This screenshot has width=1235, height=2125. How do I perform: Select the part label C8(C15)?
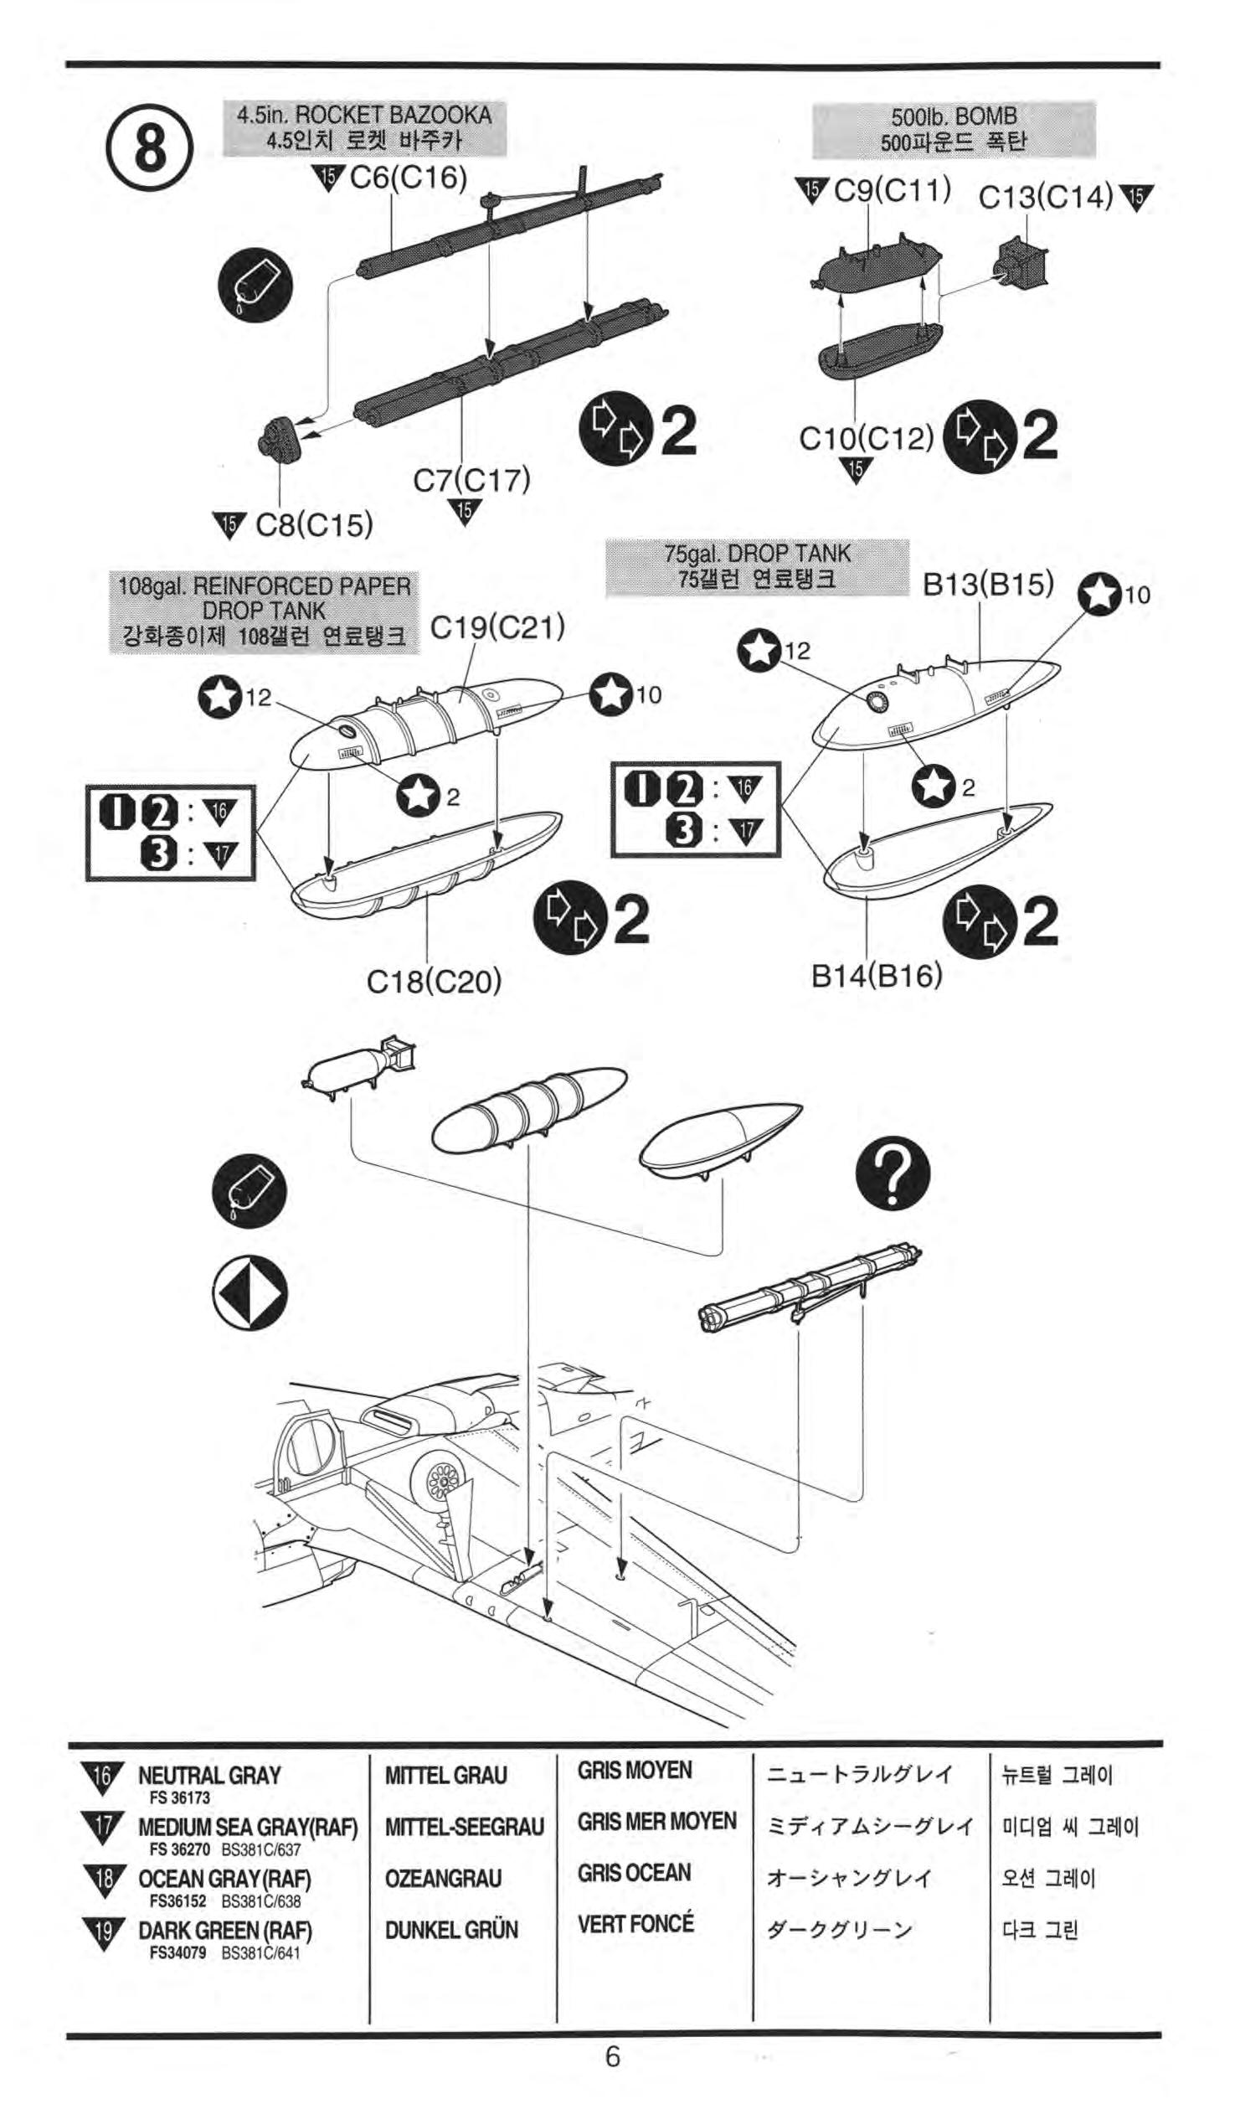[314, 525]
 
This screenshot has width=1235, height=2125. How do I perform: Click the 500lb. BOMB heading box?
[954, 129]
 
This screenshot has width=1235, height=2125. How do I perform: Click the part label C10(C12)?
[866, 438]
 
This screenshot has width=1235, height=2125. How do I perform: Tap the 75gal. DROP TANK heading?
[757, 567]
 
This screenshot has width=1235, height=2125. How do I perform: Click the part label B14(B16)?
[876, 976]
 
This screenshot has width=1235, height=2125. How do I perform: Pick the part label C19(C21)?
[497, 627]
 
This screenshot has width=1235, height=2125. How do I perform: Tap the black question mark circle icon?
[893, 1173]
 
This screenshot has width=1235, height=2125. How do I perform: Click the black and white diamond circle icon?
[249, 1293]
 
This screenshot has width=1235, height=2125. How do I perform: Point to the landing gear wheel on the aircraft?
[440, 1478]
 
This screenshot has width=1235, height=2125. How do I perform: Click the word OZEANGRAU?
[443, 1878]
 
